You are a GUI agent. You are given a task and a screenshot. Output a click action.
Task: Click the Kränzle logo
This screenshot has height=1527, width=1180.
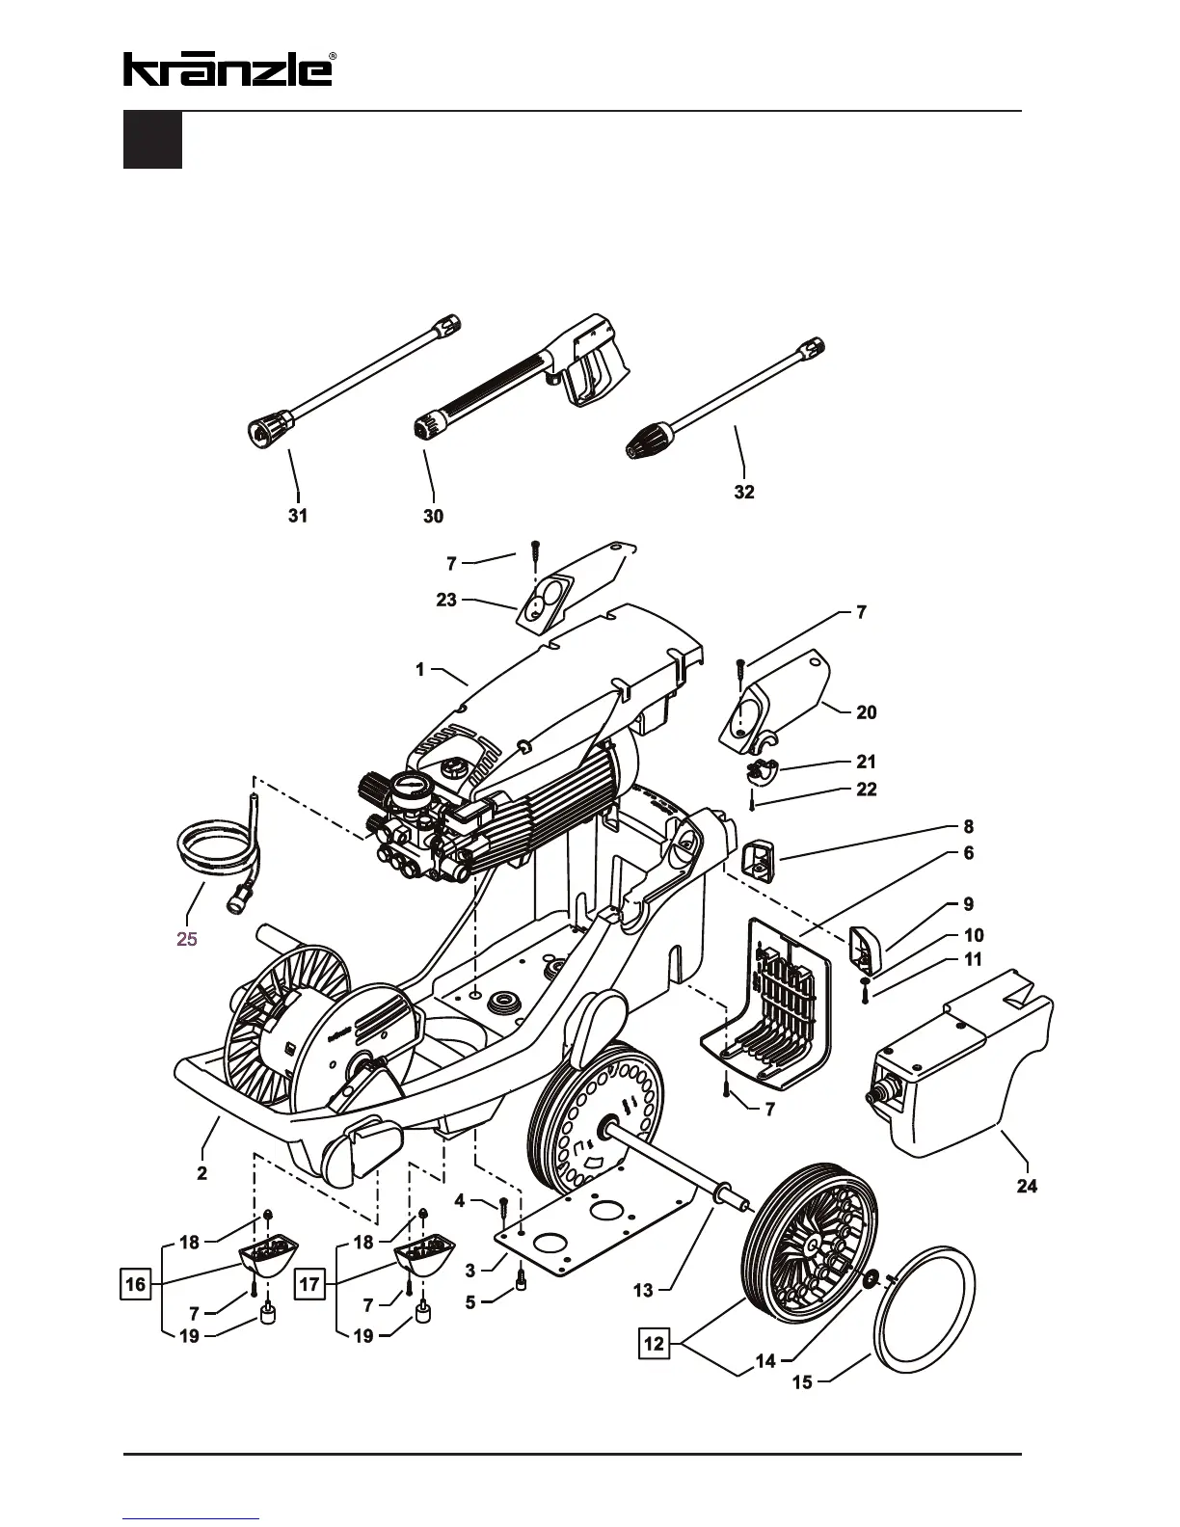[228, 68]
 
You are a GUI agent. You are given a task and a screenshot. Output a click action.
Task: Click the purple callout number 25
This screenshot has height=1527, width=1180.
[187, 938]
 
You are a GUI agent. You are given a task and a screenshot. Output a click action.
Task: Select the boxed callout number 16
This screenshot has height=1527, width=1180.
[136, 1285]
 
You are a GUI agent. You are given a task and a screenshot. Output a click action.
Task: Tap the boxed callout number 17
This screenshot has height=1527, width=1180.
[309, 1285]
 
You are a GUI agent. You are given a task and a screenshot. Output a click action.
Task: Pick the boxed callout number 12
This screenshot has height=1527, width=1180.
[655, 1343]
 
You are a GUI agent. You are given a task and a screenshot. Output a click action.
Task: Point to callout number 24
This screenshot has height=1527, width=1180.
[1028, 1186]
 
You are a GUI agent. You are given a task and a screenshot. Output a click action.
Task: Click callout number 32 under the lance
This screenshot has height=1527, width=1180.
[744, 492]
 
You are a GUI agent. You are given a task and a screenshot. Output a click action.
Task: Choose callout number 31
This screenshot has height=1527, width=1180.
[298, 516]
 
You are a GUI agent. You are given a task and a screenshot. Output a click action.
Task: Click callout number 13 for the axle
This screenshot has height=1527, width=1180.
[643, 1290]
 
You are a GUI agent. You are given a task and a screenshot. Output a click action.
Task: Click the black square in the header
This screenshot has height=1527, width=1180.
[152, 141]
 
